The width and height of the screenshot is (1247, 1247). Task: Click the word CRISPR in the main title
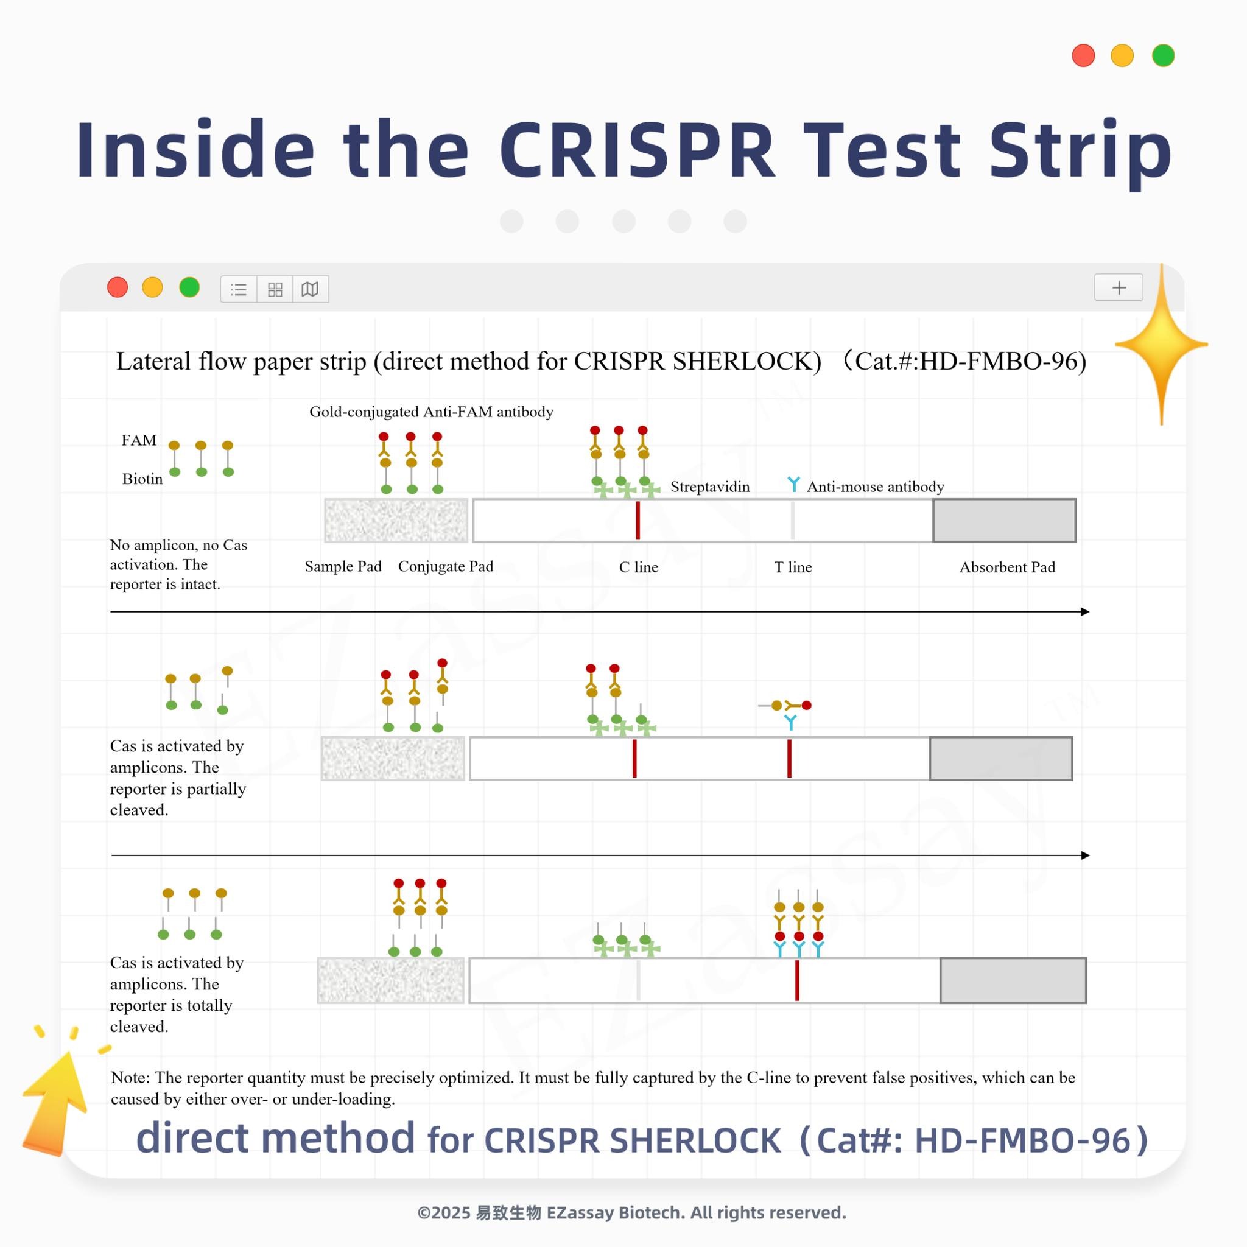(636, 150)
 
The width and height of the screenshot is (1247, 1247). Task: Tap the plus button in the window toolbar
(1119, 288)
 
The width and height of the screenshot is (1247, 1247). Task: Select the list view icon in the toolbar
(239, 289)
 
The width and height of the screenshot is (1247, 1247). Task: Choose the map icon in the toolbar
(310, 289)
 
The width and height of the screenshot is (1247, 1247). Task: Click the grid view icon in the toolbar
(275, 289)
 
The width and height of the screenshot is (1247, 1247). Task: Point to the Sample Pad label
(343, 567)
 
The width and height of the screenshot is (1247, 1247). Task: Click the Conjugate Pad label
(445, 567)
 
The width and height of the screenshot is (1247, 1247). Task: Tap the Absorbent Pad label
(1007, 567)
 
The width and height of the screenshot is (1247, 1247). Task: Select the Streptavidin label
(710, 487)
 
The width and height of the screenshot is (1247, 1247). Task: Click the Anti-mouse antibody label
(875, 487)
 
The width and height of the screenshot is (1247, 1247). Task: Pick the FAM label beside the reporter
(139, 440)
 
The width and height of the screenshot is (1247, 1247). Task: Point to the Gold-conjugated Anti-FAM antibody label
(431, 412)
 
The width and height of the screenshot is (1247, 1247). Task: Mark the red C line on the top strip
(638, 520)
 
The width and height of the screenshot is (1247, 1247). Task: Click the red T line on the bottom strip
(797, 980)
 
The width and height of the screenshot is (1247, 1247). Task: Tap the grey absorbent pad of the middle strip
(1001, 759)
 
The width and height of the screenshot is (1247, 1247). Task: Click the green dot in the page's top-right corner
(1163, 55)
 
